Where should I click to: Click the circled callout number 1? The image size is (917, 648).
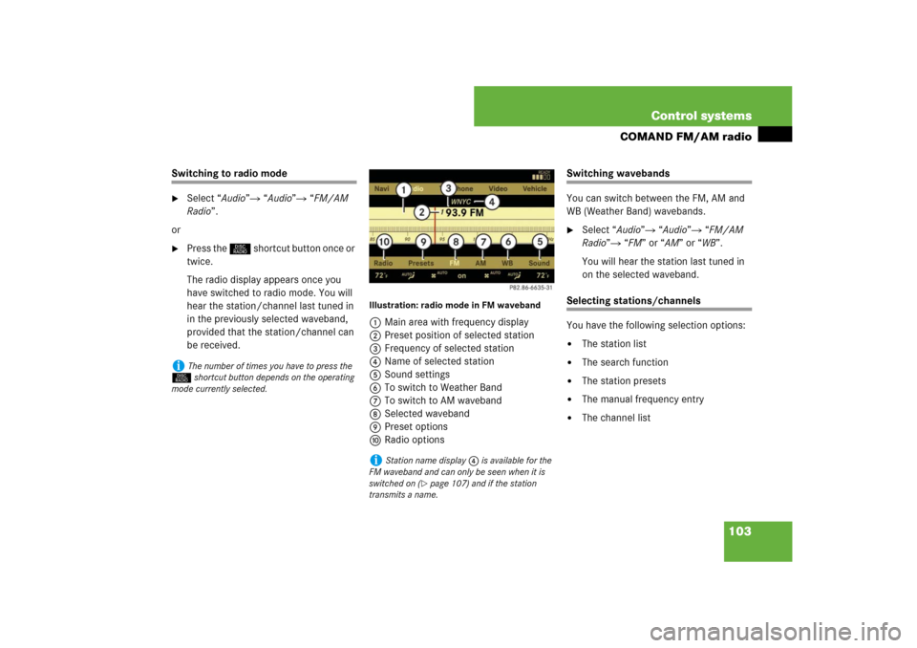point(403,190)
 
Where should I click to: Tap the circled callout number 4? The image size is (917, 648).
point(492,203)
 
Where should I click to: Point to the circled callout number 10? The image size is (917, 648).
point(384,243)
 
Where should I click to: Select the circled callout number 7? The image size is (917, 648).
point(483,243)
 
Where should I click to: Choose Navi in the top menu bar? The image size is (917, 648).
point(381,189)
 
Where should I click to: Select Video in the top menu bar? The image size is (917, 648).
point(498,189)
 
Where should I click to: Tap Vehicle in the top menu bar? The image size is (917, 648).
point(535,189)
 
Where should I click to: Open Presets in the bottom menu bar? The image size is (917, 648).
point(420,263)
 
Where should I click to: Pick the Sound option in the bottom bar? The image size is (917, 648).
point(539,263)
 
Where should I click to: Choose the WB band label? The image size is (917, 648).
point(507,263)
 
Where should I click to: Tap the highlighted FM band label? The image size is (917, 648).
point(455,263)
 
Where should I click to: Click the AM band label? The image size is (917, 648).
point(481,263)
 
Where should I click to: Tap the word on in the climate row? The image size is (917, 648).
point(461,275)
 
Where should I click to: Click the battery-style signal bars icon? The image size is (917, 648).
point(541,176)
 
